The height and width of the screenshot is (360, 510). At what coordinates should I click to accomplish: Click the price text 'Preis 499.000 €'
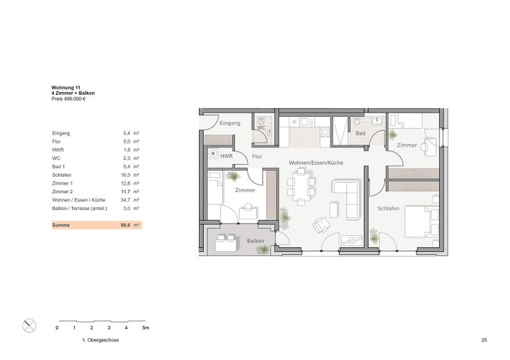[69, 99]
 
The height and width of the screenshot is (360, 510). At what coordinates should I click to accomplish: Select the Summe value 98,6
[125, 225]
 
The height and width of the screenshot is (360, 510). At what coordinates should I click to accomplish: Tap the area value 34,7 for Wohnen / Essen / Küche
[125, 200]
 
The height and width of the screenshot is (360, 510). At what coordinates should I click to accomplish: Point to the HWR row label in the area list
[58, 150]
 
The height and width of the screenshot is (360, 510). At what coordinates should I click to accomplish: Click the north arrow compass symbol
[29, 325]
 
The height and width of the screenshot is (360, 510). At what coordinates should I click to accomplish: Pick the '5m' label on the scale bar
[146, 328]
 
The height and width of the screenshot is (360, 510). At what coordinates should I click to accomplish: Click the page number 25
[484, 340]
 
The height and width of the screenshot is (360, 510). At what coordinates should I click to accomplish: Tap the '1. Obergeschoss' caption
[100, 340]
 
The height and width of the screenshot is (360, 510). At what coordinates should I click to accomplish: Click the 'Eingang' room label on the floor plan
[230, 123]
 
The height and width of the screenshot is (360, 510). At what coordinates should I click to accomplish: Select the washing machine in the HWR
[213, 153]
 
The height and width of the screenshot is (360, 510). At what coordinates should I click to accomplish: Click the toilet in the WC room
[261, 121]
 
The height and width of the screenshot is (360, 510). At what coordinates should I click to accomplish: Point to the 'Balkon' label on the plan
[255, 241]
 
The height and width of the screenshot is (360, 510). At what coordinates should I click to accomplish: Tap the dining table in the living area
[301, 186]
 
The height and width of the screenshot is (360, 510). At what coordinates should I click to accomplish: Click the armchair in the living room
[322, 224]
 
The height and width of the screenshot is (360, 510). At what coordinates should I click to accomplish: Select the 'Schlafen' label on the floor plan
[388, 208]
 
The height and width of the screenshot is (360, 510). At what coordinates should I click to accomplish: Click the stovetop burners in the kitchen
[325, 132]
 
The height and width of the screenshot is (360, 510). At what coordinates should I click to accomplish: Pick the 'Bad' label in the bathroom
[360, 133]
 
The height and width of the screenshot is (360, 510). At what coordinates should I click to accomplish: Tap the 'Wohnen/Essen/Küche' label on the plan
[316, 163]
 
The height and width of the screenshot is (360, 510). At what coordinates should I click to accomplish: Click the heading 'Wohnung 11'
[66, 88]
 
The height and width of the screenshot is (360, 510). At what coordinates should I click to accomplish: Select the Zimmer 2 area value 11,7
[125, 192]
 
